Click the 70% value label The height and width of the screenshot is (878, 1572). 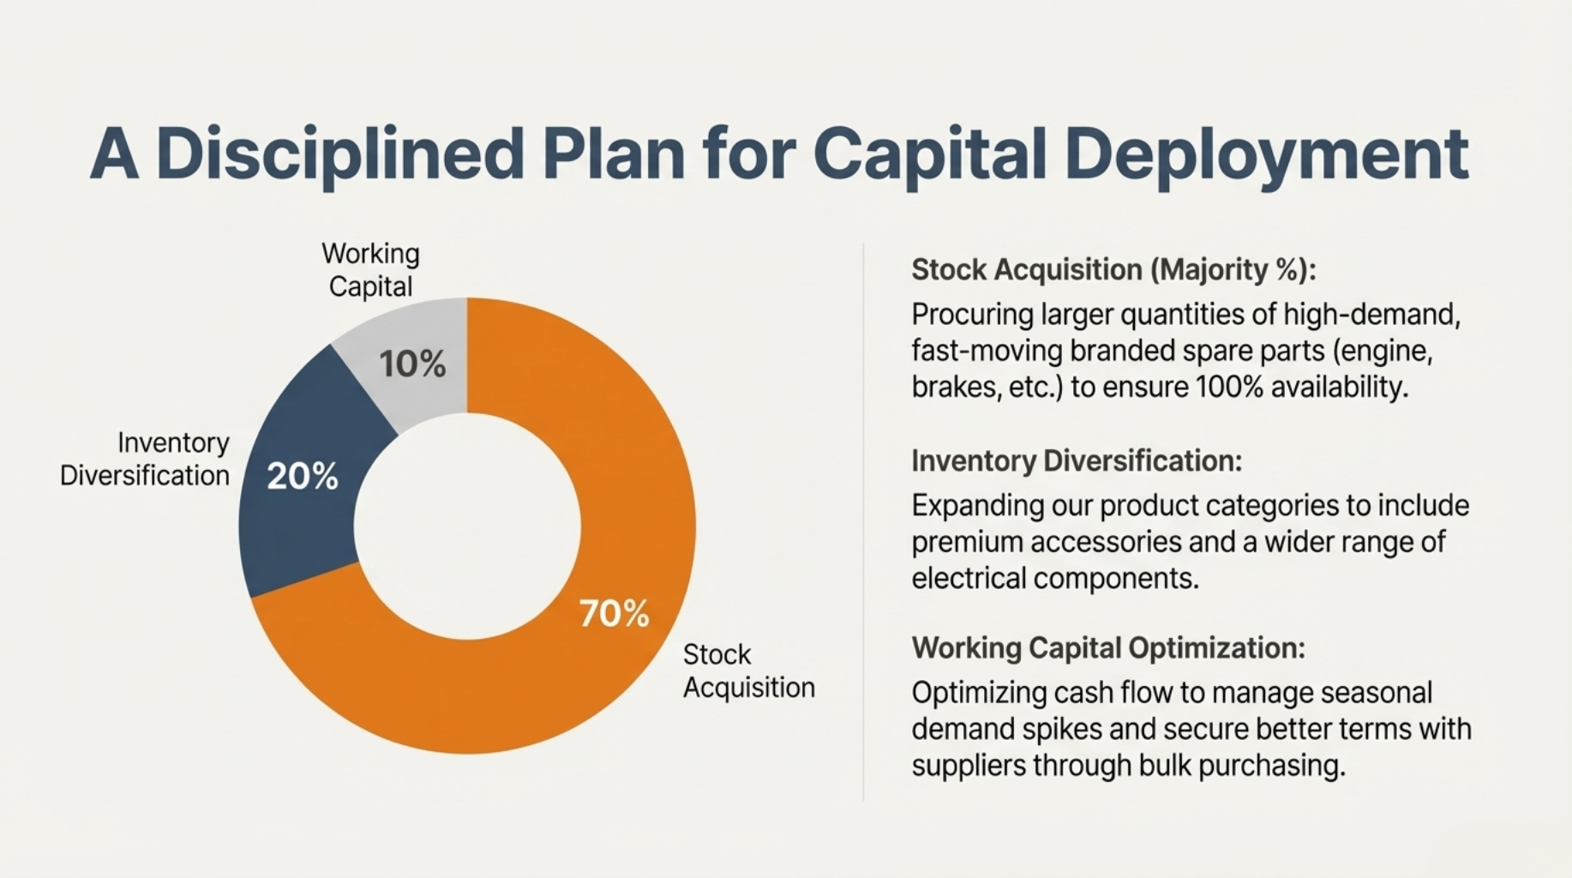pos(614,614)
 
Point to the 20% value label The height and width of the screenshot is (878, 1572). pos(302,477)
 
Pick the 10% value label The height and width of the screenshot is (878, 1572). pos(412,364)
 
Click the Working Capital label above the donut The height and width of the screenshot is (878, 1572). pos(370,269)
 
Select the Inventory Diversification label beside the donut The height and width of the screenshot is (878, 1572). pos(145,459)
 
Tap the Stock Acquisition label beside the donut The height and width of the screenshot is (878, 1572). pos(748,671)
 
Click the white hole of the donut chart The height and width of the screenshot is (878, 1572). pos(467,526)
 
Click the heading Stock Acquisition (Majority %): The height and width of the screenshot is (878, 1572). pos(1113,270)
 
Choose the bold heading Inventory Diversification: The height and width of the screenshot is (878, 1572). pos(1077,461)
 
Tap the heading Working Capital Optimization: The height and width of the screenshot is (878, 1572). pos(1108,648)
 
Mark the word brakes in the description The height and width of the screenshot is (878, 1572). pos(955,388)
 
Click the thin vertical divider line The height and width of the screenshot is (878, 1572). pos(863,522)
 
